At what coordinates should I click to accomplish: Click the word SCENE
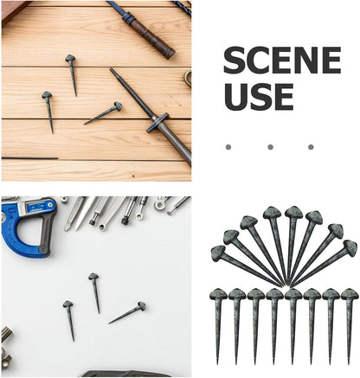pyautogui.click(x=282, y=61)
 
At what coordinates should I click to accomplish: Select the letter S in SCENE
pyautogui.click(x=235, y=61)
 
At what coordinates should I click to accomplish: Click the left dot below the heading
pyautogui.click(x=228, y=147)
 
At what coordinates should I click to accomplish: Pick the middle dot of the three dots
pyautogui.click(x=270, y=147)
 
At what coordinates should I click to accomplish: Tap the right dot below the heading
pyautogui.click(x=312, y=147)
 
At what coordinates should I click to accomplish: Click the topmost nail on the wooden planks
pyautogui.click(x=72, y=73)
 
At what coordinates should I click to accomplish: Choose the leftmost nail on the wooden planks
pyautogui.click(x=48, y=109)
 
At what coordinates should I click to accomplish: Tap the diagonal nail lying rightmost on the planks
pyautogui.click(x=104, y=113)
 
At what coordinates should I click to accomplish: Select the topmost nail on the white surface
pyautogui.click(x=95, y=292)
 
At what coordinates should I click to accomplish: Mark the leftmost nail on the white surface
pyautogui.click(x=69, y=318)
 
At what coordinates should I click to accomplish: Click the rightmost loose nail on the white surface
pyautogui.click(x=128, y=313)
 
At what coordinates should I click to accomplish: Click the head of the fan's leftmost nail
pyautogui.click(x=217, y=253)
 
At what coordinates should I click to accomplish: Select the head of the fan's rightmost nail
pyautogui.click(x=350, y=248)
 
